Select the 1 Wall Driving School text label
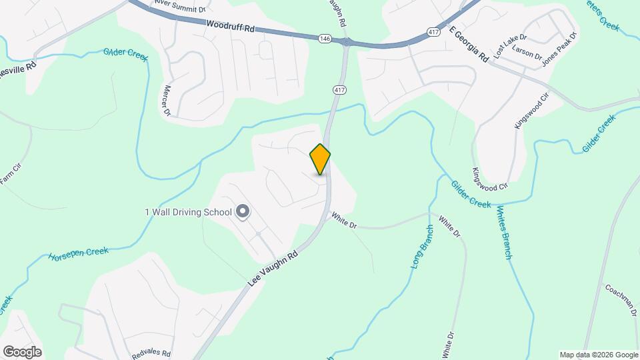click(x=188, y=213)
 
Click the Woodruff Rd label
click(x=231, y=27)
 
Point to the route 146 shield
click(x=325, y=39)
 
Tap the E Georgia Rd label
click(x=469, y=45)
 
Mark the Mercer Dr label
click(x=167, y=100)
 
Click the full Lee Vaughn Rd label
click(x=273, y=265)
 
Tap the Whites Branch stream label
click(x=504, y=232)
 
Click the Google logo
click(x=22, y=351)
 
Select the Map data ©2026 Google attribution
click(x=598, y=355)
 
